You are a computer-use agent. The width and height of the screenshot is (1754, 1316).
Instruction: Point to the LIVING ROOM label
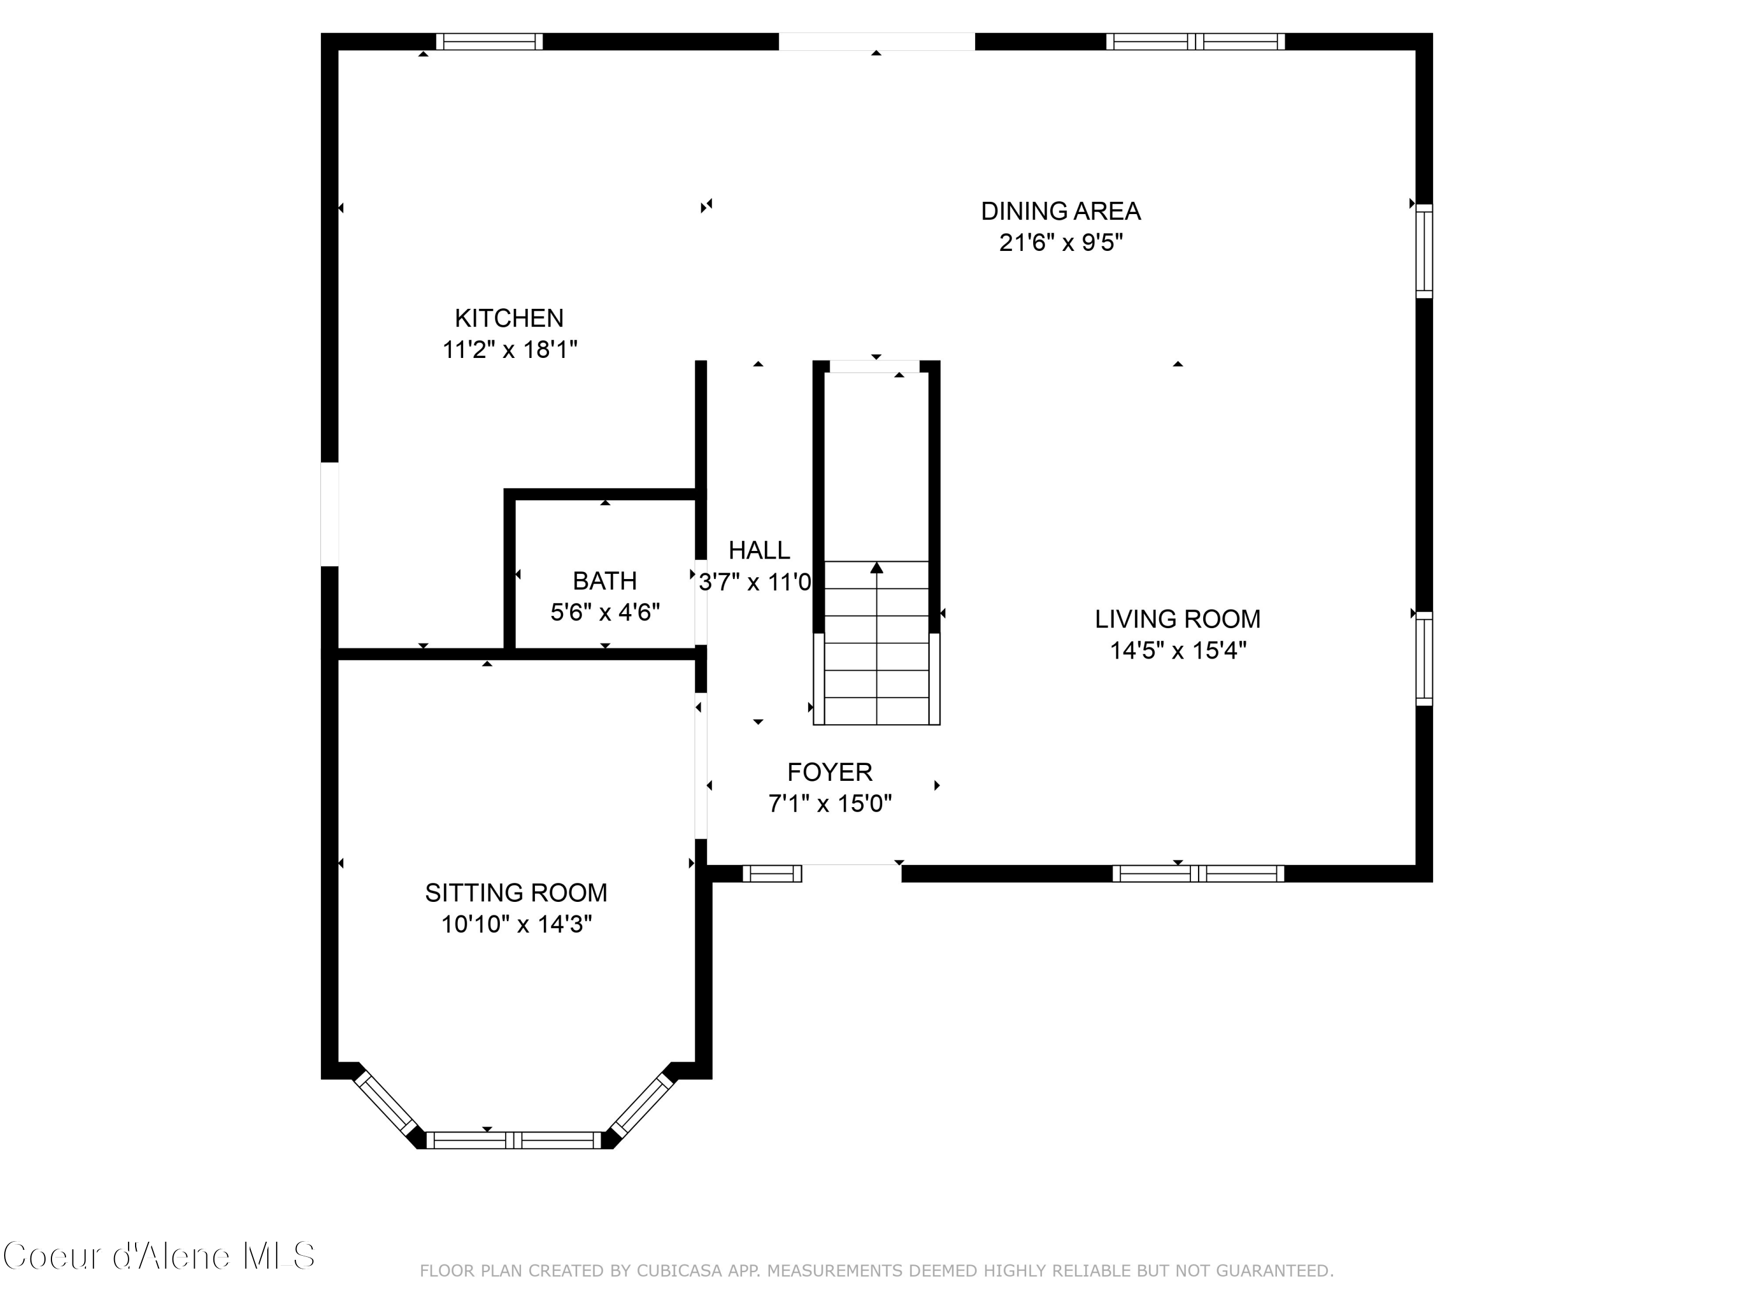coord(1177,619)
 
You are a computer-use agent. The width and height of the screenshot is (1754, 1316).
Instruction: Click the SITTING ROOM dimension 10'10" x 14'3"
coord(516,924)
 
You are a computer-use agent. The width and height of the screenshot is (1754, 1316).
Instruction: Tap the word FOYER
coord(830,772)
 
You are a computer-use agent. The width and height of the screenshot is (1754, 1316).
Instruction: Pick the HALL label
coord(759,550)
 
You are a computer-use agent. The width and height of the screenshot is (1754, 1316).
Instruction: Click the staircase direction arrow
coord(876,568)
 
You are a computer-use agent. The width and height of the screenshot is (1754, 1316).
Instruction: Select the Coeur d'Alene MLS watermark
coord(158,1256)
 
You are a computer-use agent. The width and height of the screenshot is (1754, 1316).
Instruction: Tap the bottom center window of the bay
coord(514,1141)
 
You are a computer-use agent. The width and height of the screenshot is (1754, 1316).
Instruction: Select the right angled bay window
coord(641,1104)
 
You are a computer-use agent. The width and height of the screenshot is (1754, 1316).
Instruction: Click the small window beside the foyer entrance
coord(772,873)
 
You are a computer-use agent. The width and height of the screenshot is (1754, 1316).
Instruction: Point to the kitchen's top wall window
coord(489,42)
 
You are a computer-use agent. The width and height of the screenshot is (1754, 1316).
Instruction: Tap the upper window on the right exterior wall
coord(1424,252)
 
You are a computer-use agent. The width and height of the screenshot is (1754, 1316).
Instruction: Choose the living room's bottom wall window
coord(1197,873)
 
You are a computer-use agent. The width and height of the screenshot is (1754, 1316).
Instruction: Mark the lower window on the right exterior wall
coord(1424,659)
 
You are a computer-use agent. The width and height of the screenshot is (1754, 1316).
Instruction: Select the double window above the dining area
coord(1195,42)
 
